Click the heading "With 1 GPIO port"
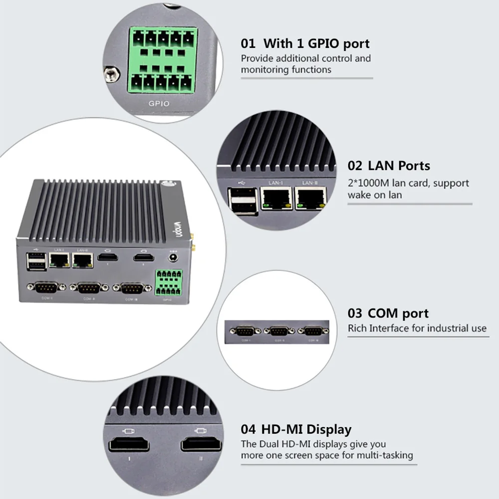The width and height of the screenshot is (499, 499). [316, 43]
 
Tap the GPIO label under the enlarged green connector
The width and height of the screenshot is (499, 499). [159, 104]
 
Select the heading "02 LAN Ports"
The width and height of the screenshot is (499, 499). [389, 166]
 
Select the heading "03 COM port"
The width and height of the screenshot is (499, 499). [388, 313]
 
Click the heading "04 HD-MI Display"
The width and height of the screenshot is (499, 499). [296, 429]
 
